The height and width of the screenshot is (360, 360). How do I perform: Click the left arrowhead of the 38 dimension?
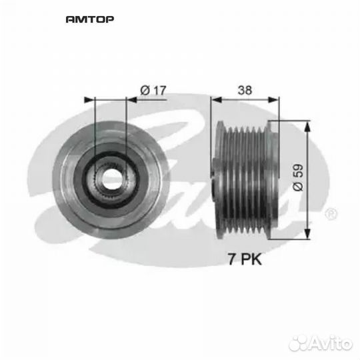click(x=215, y=99)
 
